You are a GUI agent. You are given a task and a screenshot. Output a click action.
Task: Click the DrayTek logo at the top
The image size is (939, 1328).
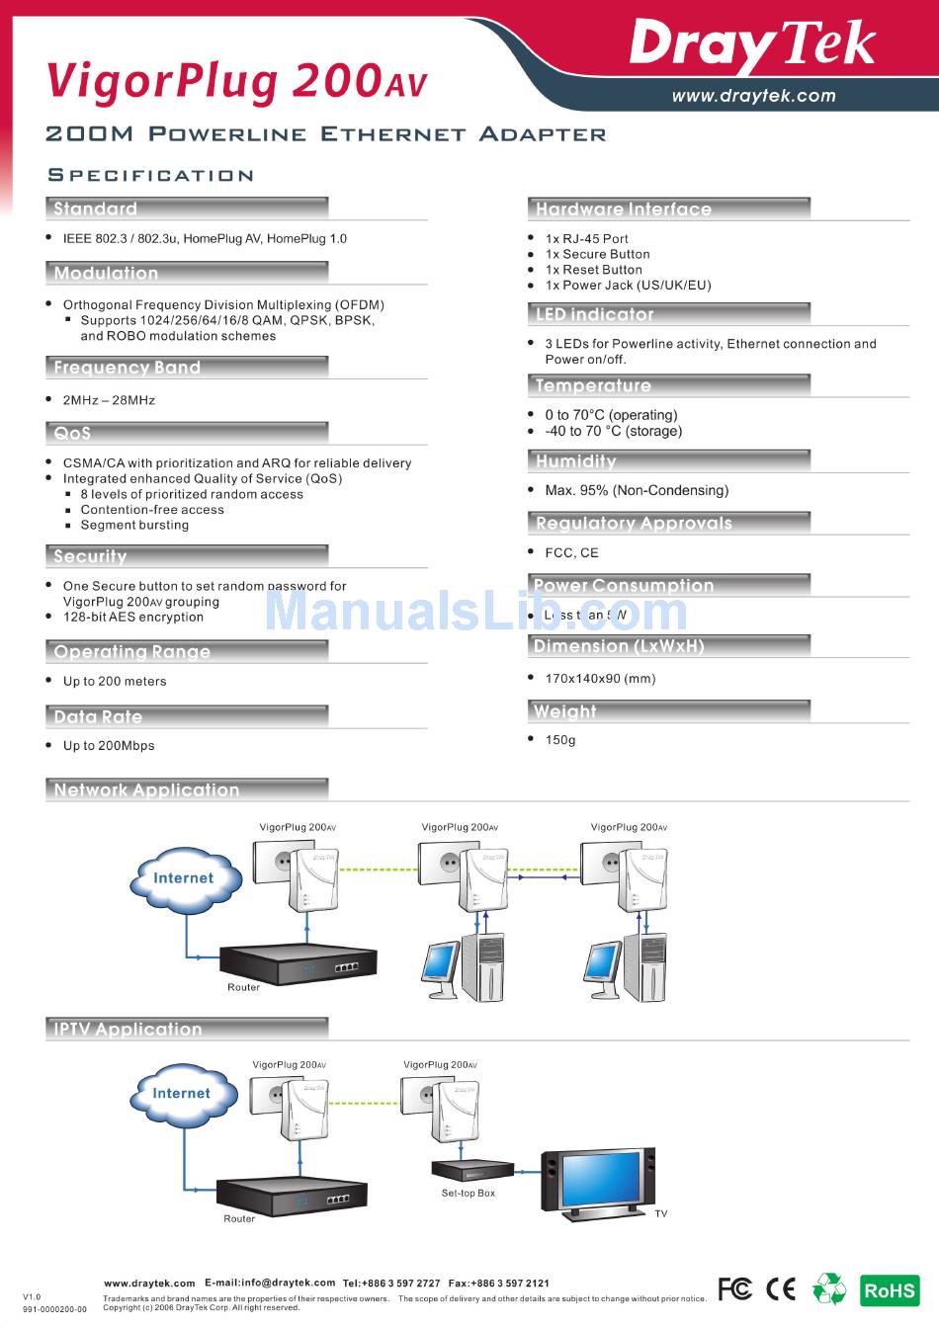[752, 45]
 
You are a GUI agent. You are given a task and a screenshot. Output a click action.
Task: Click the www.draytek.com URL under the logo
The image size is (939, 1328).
[753, 96]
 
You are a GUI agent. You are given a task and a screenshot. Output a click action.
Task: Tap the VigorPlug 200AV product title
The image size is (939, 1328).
[237, 81]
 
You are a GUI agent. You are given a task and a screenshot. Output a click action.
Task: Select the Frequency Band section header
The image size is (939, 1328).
[127, 368]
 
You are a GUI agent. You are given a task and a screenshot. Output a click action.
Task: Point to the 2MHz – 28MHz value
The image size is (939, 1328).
[109, 400]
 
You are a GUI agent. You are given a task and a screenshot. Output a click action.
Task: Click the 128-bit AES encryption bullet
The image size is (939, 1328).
[133, 617]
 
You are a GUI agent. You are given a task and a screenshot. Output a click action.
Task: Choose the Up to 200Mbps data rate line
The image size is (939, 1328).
[109, 745]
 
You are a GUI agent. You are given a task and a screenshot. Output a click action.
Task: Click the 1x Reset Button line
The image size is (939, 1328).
[593, 270]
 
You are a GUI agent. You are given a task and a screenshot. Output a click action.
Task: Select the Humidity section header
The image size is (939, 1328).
[575, 461]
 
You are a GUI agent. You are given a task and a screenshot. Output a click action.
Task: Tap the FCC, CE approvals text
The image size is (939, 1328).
[571, 552]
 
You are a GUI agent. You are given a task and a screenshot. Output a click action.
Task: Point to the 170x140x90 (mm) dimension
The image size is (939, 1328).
[600, 678]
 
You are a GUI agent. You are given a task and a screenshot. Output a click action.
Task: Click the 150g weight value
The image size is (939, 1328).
[560, 739]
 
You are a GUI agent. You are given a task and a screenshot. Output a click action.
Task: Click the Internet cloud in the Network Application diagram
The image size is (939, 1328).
[183, 878]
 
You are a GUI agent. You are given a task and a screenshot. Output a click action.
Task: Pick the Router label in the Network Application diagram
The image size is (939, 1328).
[243, 987]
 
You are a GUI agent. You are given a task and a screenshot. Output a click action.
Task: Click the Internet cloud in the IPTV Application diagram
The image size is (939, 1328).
[182, 1093]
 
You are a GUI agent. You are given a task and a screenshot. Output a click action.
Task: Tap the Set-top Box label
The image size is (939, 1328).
[469, 1193]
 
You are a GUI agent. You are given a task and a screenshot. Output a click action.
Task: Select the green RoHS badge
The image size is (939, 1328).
[890, 1289]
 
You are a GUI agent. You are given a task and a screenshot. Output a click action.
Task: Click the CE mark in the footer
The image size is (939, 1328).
[781, 1288]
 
